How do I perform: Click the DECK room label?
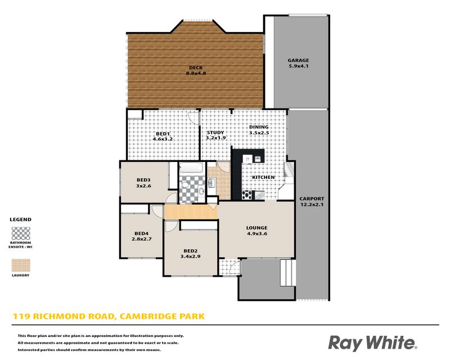point(196,67)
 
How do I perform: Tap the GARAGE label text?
point(298,60)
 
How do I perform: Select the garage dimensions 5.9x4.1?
point(298,66)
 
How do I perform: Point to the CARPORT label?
point(312,199)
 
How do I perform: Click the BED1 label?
point(163,134)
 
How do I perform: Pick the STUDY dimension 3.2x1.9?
point(215,138)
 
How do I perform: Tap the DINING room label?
point(259,127)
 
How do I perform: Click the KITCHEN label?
point(263,177)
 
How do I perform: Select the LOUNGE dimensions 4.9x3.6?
point(257,233)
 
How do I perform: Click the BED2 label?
point(190,251)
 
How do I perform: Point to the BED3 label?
point(143,180)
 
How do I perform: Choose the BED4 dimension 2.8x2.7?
point(142,239)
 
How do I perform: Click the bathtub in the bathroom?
point(191,168)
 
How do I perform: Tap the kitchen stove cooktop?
point(247,195)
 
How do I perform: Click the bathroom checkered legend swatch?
point(21,233)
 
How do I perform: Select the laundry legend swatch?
point(21,265)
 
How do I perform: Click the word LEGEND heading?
point(21,219)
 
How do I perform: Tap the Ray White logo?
point(372,343)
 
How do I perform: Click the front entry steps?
point(287,273)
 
